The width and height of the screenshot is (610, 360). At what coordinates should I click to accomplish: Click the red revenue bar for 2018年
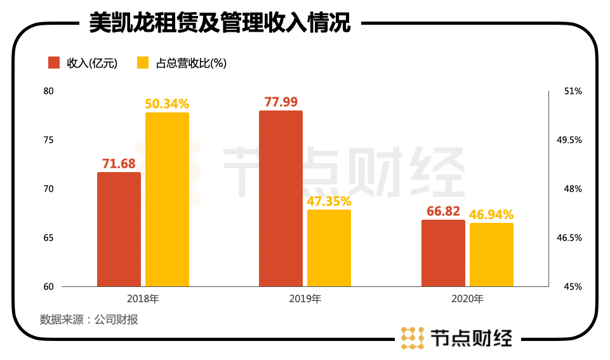point(119,229)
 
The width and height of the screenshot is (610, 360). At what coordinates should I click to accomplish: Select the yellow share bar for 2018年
point(167,199)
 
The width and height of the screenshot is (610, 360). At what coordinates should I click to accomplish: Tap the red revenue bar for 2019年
point(281,199)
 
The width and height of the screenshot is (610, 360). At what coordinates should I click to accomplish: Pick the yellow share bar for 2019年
point(329,248)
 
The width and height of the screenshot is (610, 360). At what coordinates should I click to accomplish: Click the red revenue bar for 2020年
point(443,253)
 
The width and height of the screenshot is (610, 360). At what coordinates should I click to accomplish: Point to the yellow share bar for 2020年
point(491,255)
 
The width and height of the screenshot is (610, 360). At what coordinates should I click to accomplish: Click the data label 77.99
point(281,102)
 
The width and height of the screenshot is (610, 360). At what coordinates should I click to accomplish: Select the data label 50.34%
point(167,103)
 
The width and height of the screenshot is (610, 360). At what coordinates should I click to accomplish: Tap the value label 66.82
point(443,211)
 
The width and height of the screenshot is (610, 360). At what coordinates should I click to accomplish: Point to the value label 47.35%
point(329,201)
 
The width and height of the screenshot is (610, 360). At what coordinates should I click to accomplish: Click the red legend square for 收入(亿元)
point(55,62)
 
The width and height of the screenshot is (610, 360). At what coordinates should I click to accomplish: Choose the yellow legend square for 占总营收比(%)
point(143,62)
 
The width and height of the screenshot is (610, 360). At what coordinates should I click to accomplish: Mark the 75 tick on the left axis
point(49,140)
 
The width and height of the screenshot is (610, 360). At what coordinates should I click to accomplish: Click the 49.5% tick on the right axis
point(569,140)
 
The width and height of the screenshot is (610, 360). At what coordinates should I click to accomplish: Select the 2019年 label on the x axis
point(305,298)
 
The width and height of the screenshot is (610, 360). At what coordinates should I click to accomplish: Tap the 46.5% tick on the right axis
point(569,238)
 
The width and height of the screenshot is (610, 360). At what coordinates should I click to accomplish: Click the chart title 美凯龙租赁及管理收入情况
point(220,23)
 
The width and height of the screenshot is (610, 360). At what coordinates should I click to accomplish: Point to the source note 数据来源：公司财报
point(89,319)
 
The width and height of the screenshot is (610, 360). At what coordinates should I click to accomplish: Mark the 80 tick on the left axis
point(49,91)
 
